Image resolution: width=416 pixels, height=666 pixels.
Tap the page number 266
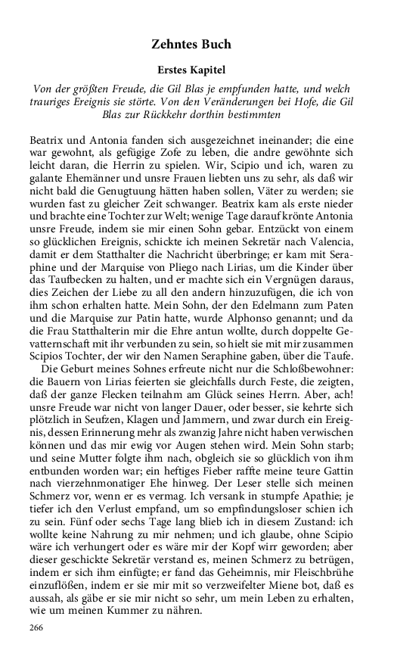[37, 627]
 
